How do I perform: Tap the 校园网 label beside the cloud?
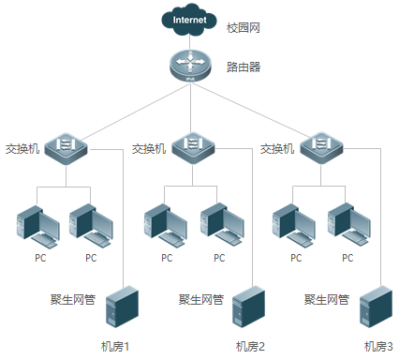click(242, 27)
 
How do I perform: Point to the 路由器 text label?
click(244, 67)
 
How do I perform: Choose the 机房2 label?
click(251, 346)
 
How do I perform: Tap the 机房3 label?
click(378, 346)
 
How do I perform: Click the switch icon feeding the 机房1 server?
click(65, 146)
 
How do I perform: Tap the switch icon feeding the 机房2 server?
click(193, 146)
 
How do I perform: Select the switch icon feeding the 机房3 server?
click(320, 146)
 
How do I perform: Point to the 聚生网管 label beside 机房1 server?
click(72, 300)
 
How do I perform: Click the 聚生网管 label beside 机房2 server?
click(200, 300)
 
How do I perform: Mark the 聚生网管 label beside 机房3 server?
click(327, 300)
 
